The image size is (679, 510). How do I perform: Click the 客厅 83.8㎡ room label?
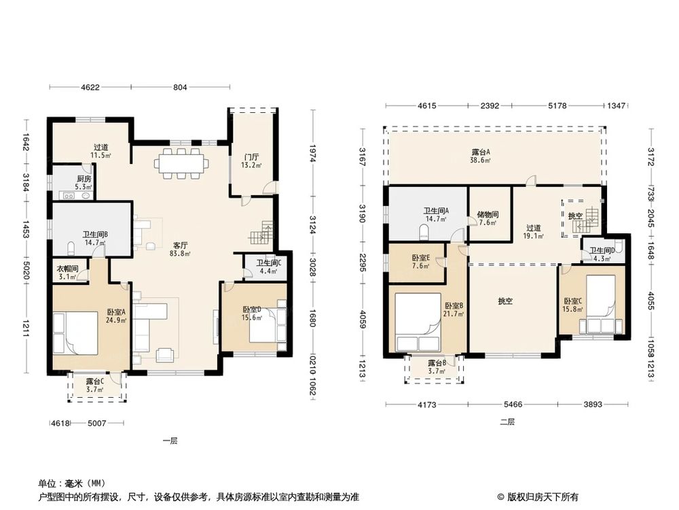coord(181,249)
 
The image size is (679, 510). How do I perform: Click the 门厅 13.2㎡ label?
coord(251,160)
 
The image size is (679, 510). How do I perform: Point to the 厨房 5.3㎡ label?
coord(84,183)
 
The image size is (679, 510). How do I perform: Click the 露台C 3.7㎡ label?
coord(95,385)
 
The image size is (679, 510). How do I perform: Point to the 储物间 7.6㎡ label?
coord(488,218)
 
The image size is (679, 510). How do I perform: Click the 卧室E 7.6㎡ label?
coord(420,262)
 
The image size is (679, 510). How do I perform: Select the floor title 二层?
coord(507,422)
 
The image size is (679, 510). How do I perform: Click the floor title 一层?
coord(170,441)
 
